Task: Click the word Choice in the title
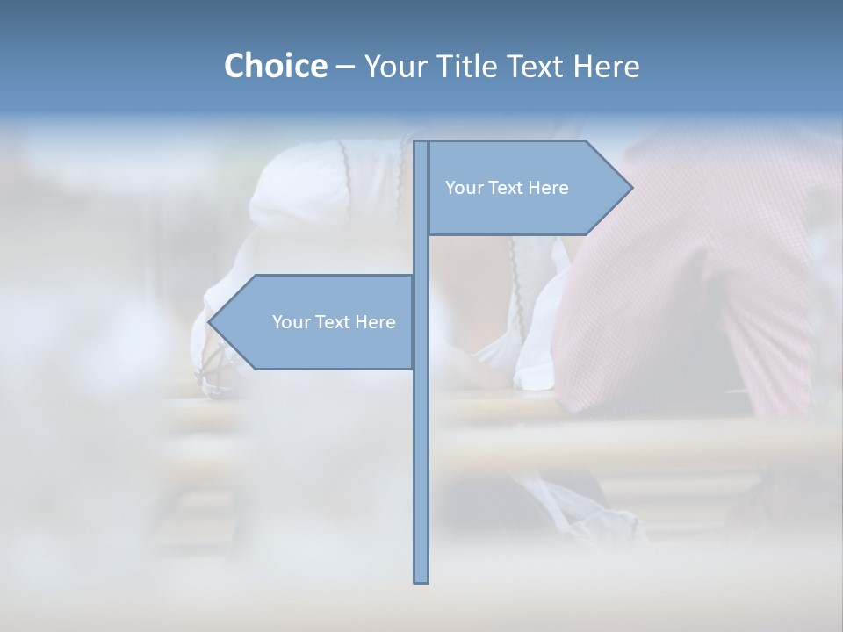275,66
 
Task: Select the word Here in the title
606,66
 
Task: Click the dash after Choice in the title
345,67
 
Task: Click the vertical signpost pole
421,439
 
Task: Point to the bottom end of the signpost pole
421,579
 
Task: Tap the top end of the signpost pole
421,144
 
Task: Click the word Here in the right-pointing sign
548,188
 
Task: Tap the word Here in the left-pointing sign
375,322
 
